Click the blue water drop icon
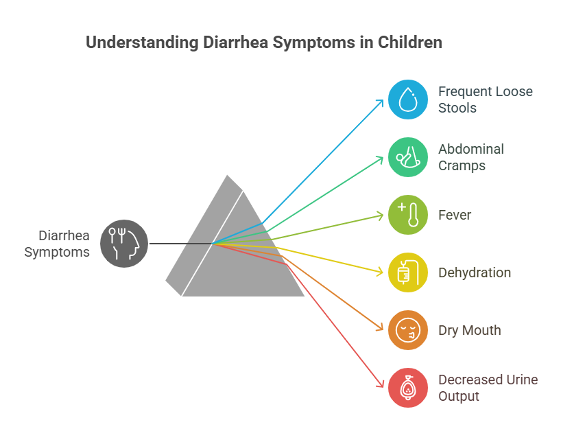408,100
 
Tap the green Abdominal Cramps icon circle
408,157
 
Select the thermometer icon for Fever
408,215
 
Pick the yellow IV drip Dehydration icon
408,272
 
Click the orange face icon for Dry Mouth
408,330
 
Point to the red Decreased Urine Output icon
408,388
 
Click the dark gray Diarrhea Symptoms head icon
124,244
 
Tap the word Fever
455,215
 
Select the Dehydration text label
475,272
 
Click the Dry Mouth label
470,330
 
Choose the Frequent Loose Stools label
486,100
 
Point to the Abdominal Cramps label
471,157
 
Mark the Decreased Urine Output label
488,388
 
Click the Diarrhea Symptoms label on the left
57,244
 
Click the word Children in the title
410,43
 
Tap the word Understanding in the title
143,43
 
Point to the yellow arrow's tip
383,273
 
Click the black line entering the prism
181,244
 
